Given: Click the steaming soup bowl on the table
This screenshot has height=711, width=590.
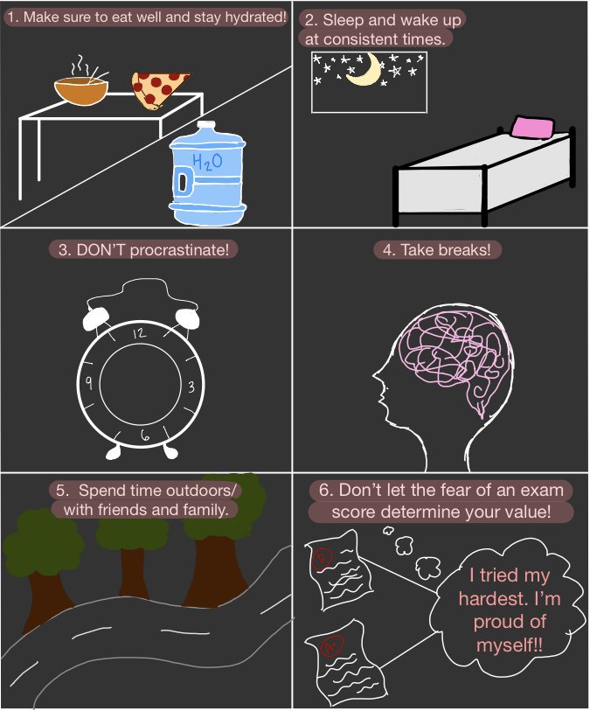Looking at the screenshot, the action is coord(81,90).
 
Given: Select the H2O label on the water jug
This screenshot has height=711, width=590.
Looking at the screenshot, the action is coord(207,162).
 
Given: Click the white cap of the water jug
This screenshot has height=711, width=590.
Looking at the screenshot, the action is coord(206,126).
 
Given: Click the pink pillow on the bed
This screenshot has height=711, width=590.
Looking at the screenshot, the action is coord(533,127).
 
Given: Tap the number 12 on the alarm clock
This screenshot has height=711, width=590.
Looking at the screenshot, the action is coord(140,333).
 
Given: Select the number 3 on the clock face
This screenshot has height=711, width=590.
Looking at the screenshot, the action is coord(191,387).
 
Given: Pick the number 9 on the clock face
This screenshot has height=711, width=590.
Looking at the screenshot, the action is coord(89,383).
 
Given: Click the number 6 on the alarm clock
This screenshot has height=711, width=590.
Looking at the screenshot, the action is coord(144,436).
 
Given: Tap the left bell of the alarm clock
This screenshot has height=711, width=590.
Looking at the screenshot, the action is coord(95,319).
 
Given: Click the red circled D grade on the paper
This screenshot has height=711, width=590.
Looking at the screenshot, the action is coord(323,558).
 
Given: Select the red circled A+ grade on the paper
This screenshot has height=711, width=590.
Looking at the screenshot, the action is coord(332,645).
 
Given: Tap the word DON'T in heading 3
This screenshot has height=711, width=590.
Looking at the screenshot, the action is coord(101,250).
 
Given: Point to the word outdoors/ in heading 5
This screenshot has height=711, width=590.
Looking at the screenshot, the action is coord(201,491).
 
